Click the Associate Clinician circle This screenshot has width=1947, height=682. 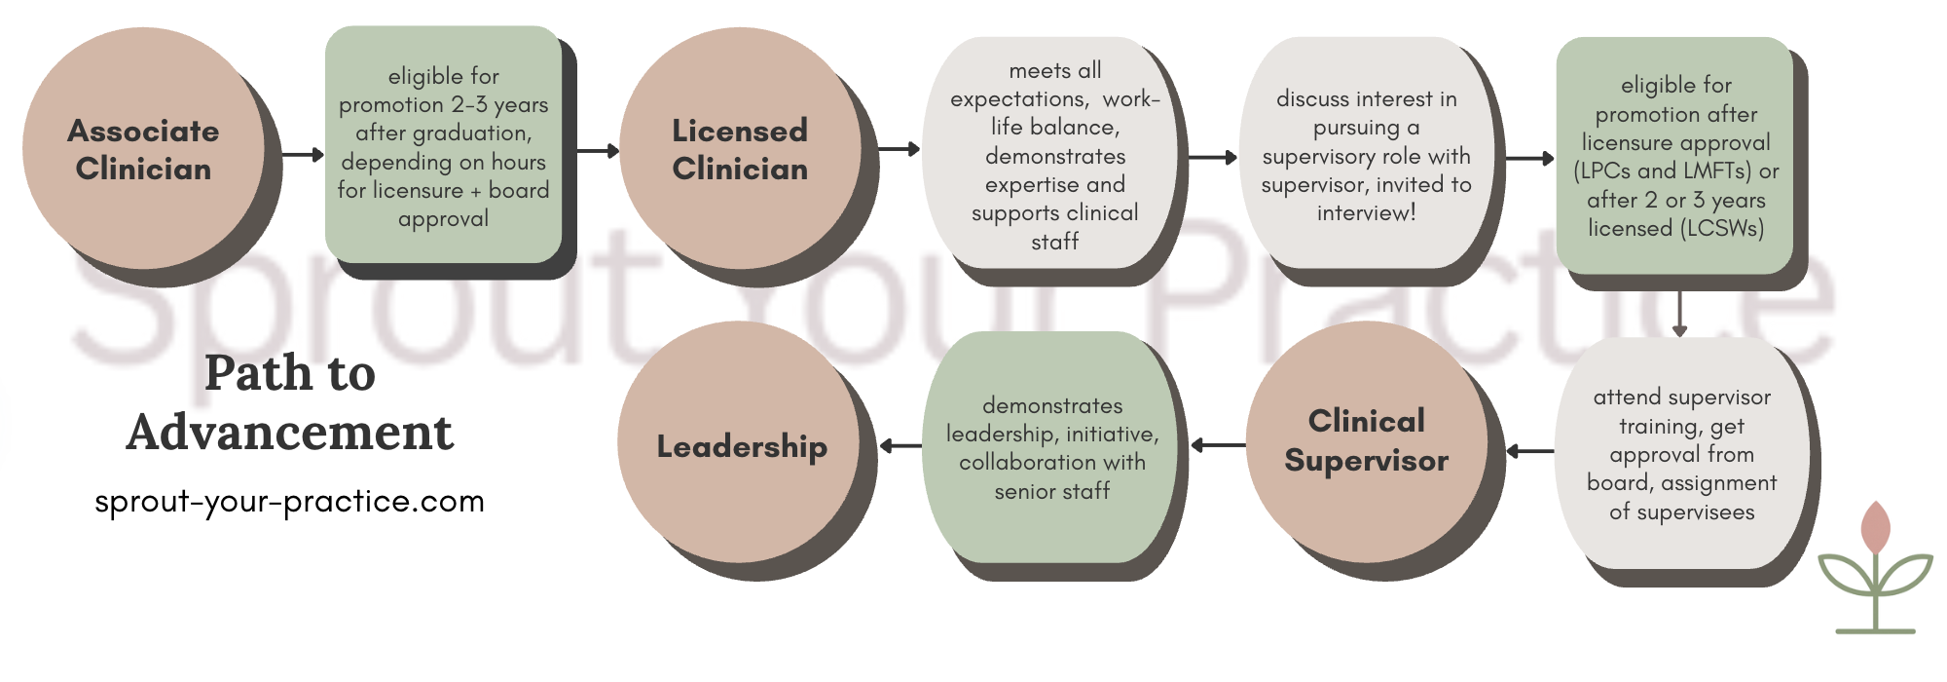143,148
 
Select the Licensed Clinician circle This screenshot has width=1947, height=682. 740,148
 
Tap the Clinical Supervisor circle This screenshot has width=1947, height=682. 1366,441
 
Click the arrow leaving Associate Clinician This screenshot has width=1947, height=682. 303,154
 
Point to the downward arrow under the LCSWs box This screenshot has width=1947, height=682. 1679,314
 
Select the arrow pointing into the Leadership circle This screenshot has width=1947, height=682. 900,446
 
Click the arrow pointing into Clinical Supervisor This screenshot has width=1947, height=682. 1529,451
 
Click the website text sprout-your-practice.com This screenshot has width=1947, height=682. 289,502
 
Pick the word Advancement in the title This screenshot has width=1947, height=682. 289,432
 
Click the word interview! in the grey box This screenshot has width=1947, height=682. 1366,212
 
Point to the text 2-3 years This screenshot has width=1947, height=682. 498,104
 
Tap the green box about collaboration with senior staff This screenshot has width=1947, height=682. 1051,447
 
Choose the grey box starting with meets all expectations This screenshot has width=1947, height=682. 1054,155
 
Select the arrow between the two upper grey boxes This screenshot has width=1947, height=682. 1213,157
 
